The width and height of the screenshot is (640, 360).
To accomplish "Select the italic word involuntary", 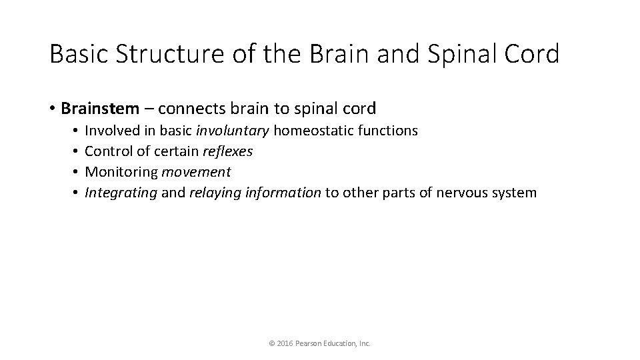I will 233,131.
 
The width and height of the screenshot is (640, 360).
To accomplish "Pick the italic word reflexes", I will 228,151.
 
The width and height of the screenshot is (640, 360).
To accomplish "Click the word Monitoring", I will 122,172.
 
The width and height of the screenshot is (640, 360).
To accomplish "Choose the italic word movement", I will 196,172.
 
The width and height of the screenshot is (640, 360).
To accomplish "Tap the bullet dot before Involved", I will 77,131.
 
